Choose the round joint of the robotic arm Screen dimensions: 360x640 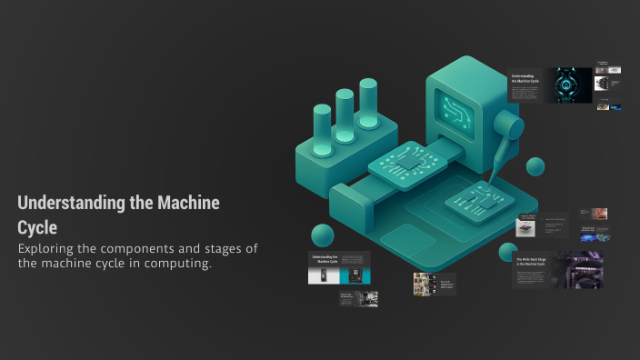pos(515,126)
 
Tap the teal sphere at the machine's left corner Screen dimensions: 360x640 pos(323,235)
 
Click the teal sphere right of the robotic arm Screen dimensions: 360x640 pos(535,165)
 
